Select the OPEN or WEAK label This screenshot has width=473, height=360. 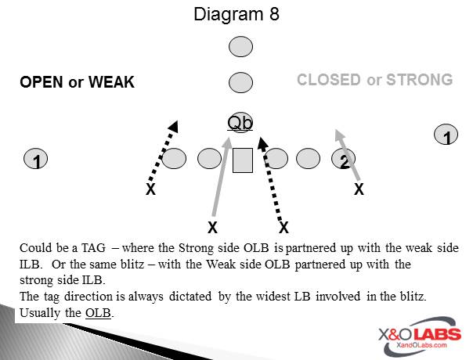tap(77, 82)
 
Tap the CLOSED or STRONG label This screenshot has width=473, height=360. tap(374, 80)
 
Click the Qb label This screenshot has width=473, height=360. tap(240, 122)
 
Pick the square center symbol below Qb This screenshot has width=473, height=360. tap(242, 160)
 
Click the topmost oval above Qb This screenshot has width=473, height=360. tap(240, 47)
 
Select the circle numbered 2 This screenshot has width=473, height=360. tap(344, 160)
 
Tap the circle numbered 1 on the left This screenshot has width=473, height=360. tap(36, 160)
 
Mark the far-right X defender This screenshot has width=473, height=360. tap(359, 189)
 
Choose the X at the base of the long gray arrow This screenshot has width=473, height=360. tap(211, 228)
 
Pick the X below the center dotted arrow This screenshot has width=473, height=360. tap(283, 228)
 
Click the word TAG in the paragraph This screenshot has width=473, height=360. tap(89, 247)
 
